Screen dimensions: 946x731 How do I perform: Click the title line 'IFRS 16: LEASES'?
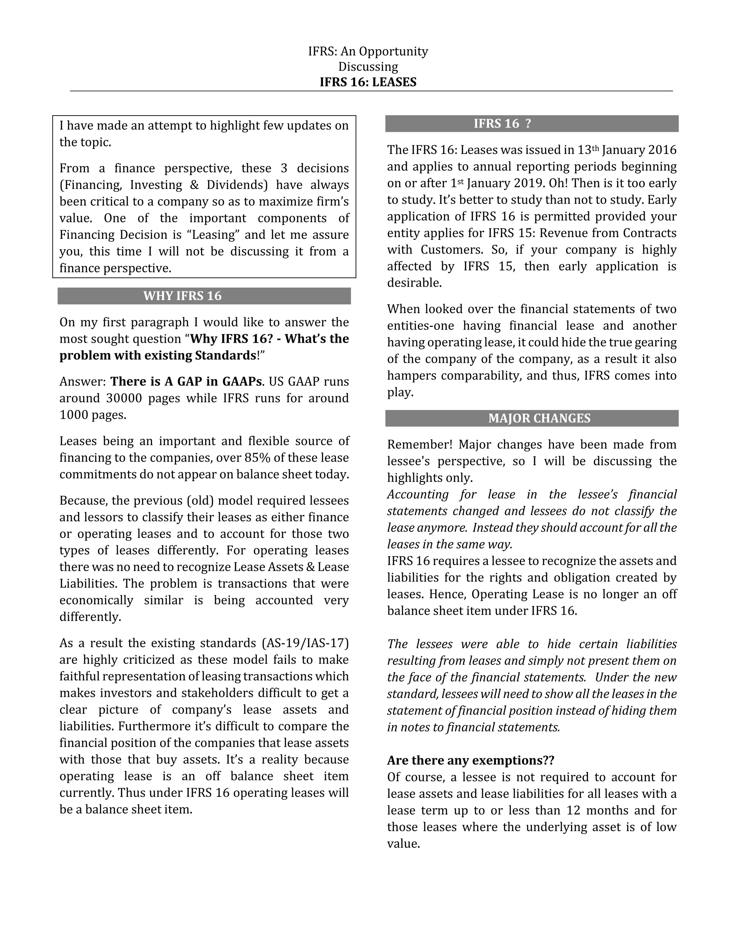click(368, 82)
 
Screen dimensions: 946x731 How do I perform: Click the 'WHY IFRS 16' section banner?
click(182, 296)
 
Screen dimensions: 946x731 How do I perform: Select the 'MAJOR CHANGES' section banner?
click(539, 418)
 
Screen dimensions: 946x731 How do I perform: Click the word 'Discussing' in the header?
click(368, 67)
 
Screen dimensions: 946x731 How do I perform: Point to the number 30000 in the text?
click(124, 398)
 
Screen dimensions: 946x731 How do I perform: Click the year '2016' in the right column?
click(662, 150)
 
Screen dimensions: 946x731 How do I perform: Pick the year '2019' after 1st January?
click(528, 183)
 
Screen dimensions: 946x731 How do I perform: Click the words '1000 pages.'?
click(93, 415)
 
